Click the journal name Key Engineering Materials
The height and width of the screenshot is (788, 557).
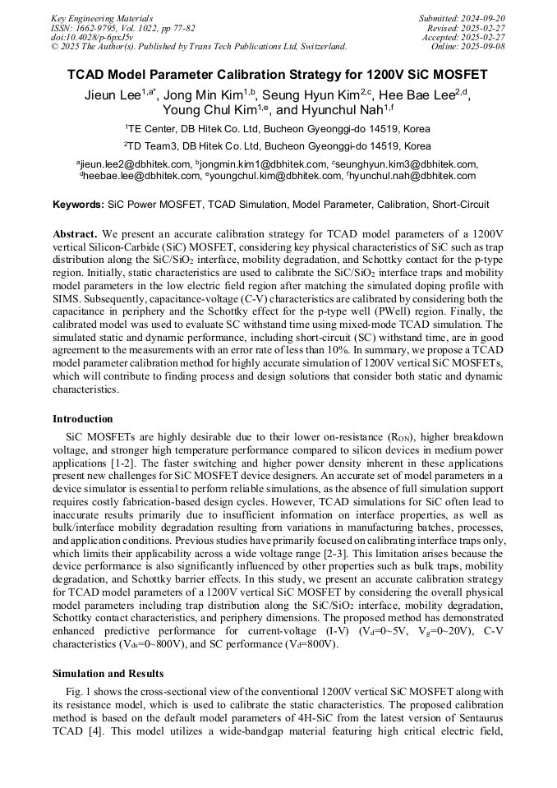[x=103, y=17]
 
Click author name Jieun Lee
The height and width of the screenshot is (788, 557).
[x=113, y=95]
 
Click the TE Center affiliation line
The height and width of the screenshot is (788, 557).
[x=277, y=129]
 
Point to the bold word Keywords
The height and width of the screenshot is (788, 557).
[x=78, y=204]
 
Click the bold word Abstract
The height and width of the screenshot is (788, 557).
[x=75, y=234]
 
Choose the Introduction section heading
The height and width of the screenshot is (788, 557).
[x=83, y=419]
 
